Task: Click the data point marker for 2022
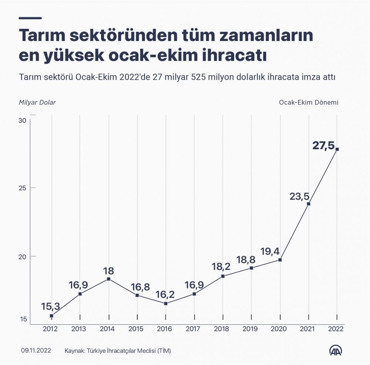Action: pos(337,149)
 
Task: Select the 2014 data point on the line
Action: pos(108,279)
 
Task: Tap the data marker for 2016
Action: pos(166,304)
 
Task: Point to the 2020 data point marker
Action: pos(280,260)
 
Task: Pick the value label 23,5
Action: pos(299,197)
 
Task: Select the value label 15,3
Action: pos(51,307)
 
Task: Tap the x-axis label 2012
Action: pos(50,328)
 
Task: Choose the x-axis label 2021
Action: pos(308,328)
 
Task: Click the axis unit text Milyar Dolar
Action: pos(37,102)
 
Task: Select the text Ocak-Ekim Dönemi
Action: pos(309,102)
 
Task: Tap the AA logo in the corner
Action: pos(336,351)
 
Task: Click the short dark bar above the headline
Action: pos(30,18)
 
